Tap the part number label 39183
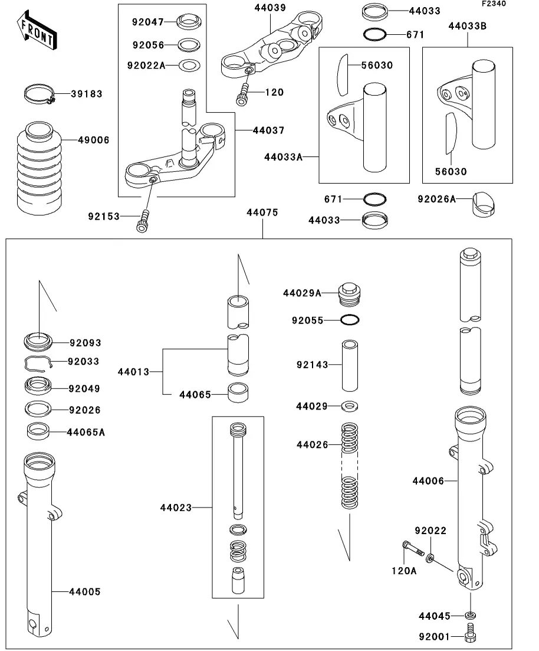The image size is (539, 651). tap(87, 94)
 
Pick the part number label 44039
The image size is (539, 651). tap(270, 8)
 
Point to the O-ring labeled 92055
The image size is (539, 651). tap(350, 320)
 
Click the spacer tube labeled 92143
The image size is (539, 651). tap(350, 365)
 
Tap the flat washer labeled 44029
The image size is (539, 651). tap(350, 406)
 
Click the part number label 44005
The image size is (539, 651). tap(85, 591)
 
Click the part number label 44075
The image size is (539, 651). tap(262, 212)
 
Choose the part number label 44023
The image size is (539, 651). tap(175, 507)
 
